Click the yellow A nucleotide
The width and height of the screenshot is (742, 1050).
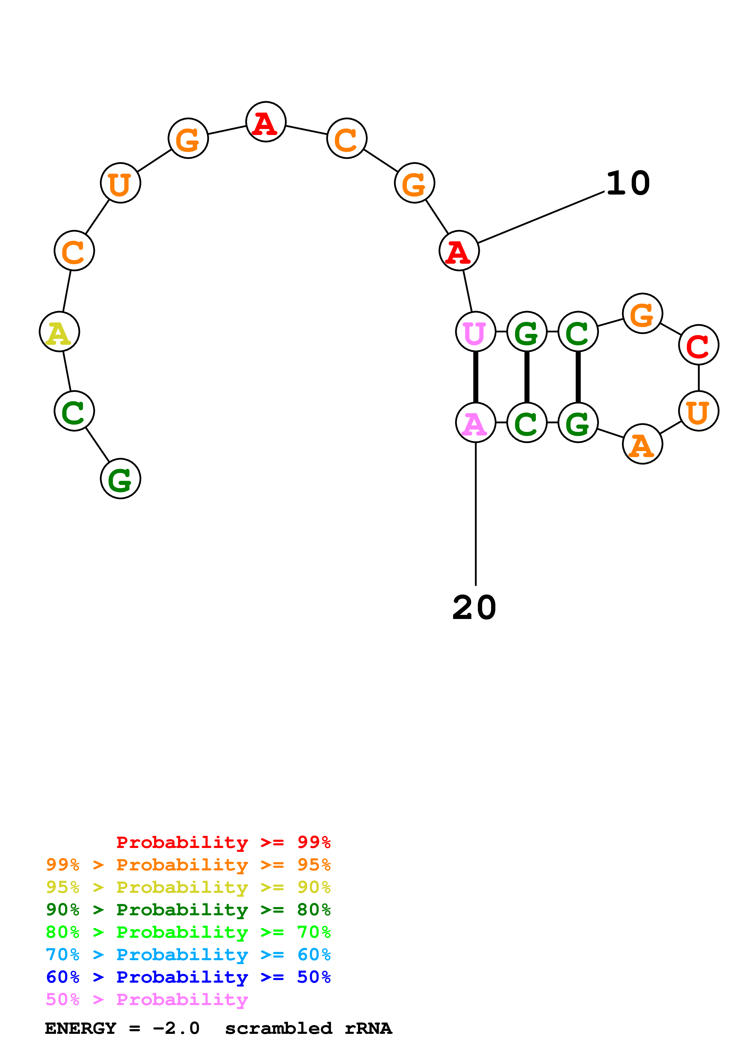coord(60,332)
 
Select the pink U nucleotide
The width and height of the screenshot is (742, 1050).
coord(476,332)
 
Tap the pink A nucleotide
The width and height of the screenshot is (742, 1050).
coord(476,423)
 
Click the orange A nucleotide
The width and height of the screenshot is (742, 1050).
coord(642,444)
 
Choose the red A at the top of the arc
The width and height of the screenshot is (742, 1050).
coord(265,122)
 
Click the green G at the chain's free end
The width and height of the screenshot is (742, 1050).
coord(120,479)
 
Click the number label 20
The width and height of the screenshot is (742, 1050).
coord(474,608)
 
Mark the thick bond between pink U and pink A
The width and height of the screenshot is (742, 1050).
coord(476,377)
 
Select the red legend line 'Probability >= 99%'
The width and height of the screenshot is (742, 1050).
coord(223,842)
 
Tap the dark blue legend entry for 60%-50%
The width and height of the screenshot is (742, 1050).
coord(188,977)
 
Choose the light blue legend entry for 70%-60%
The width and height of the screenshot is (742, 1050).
coord(188,955)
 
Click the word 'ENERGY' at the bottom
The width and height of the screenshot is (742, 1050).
coord(81,1028)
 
